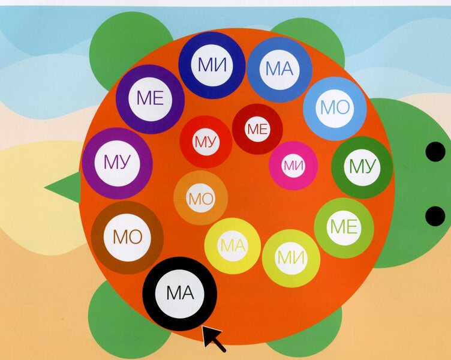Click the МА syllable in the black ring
[x=180, y=293]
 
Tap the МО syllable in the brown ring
[x=127, y=237]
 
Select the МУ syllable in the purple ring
[x=117, y=163]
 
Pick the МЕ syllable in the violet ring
[x=150, y=98]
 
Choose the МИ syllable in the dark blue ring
[x=212, y=65]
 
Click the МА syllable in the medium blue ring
[x=279, y=69]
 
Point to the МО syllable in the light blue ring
[x=335, y=107]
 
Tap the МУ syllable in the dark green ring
[x=362, y=166]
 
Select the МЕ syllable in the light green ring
[x=344, y=227]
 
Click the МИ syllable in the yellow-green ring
[x=291, y=257]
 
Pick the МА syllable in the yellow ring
[x=233, y=246]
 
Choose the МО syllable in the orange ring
[x=201, y=199]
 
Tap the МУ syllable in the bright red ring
[x=206, y=142]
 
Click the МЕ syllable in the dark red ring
[x=257, y=129]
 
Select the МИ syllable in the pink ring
[x=293, y=166]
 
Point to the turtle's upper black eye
[x=435, y=152]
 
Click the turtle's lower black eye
[x=435, y=216]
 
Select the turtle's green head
[x=414, y=184]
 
